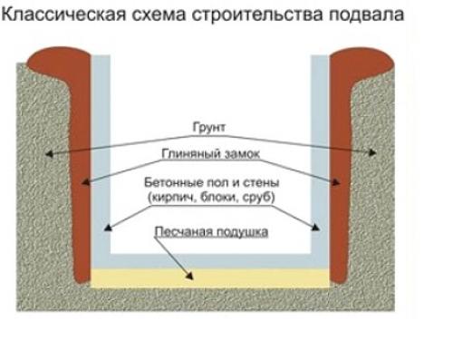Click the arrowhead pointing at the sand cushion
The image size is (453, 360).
(191, 273)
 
